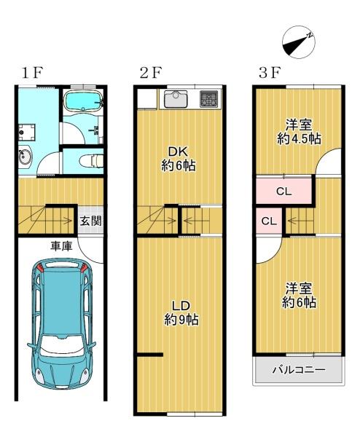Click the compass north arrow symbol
click(299, 42)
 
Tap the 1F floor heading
click(31, 73)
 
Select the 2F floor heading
click(151, 73)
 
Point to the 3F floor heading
click(269, 73)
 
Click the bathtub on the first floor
click(84, 101)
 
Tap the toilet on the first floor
click(91, 161)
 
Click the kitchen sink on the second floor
click(176, 99)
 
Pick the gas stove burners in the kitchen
click(208, 99)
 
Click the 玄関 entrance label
click(90, 221)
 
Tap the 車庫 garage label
click(61, 246)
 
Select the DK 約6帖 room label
click(179, 159)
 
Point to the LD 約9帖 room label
click(181, 312)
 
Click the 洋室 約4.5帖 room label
click(299, 132)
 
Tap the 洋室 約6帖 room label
click(299, 296)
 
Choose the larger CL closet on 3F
click(283, 191)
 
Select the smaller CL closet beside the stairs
click(269, 221)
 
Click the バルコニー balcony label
click(299, 369)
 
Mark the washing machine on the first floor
click(27, 133)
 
